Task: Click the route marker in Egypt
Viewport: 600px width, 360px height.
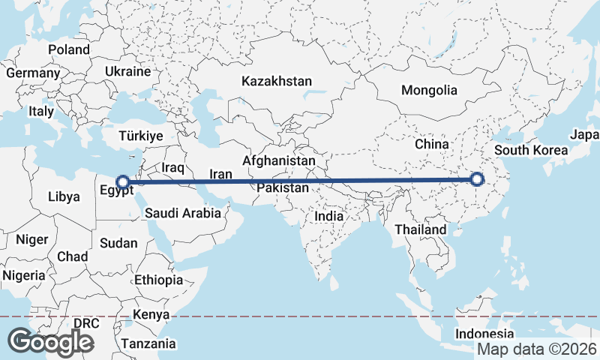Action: (x=122, y=181)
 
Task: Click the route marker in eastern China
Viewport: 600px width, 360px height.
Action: (x=476, y=179)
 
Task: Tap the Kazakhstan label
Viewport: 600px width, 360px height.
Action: (x=276, y=81)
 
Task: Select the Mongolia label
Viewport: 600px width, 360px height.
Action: (x=429, y=90)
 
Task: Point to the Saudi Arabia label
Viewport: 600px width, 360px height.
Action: (x=183, y=213)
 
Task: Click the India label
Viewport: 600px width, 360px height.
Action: (x=328, y=216)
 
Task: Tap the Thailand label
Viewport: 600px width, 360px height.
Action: (x=421, y=229)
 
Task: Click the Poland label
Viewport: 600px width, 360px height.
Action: (x=69, y=49)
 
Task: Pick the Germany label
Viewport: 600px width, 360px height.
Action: (x=33, y=73)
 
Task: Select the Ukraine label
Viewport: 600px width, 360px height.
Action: (x=128, y=72)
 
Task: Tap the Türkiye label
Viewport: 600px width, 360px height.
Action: (x=141, y=136)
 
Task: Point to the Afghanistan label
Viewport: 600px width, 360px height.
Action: (x=279, y=160)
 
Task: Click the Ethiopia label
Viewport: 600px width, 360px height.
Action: (x=158, y=280)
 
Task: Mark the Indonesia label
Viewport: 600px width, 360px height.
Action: (x=485, y=334)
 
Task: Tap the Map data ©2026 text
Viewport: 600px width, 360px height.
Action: (x=537, y=349)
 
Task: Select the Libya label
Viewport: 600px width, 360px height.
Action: (x=63, y=196)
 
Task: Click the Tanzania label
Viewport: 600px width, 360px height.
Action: (x=150, y=343)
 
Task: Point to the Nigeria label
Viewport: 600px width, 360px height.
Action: (x=24, y=275)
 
